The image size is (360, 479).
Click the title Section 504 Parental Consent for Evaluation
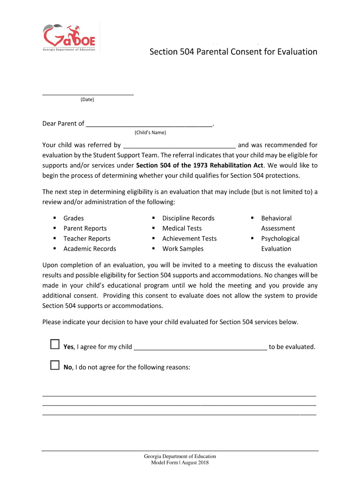[233, 51]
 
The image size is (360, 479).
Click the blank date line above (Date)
[88, 92]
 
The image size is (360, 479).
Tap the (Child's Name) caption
[150, 132]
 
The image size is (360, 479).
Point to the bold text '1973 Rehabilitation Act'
[229, 165]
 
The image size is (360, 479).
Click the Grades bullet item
[74, 218]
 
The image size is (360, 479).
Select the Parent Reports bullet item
[85, 228]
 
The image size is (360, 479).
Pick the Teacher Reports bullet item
[87, 239]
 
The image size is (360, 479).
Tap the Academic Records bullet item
[90, 249]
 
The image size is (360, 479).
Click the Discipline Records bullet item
[188, 218]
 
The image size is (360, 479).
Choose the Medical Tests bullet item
[182, 228]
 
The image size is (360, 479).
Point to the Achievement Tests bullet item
[189, 239]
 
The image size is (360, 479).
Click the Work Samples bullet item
[183, 249]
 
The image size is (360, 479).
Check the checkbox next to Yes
[55, 345]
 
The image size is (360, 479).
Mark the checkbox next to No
[55, 365]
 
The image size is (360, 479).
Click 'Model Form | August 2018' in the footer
[180, 463]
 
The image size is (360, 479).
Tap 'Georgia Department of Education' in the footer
[180, 456]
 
